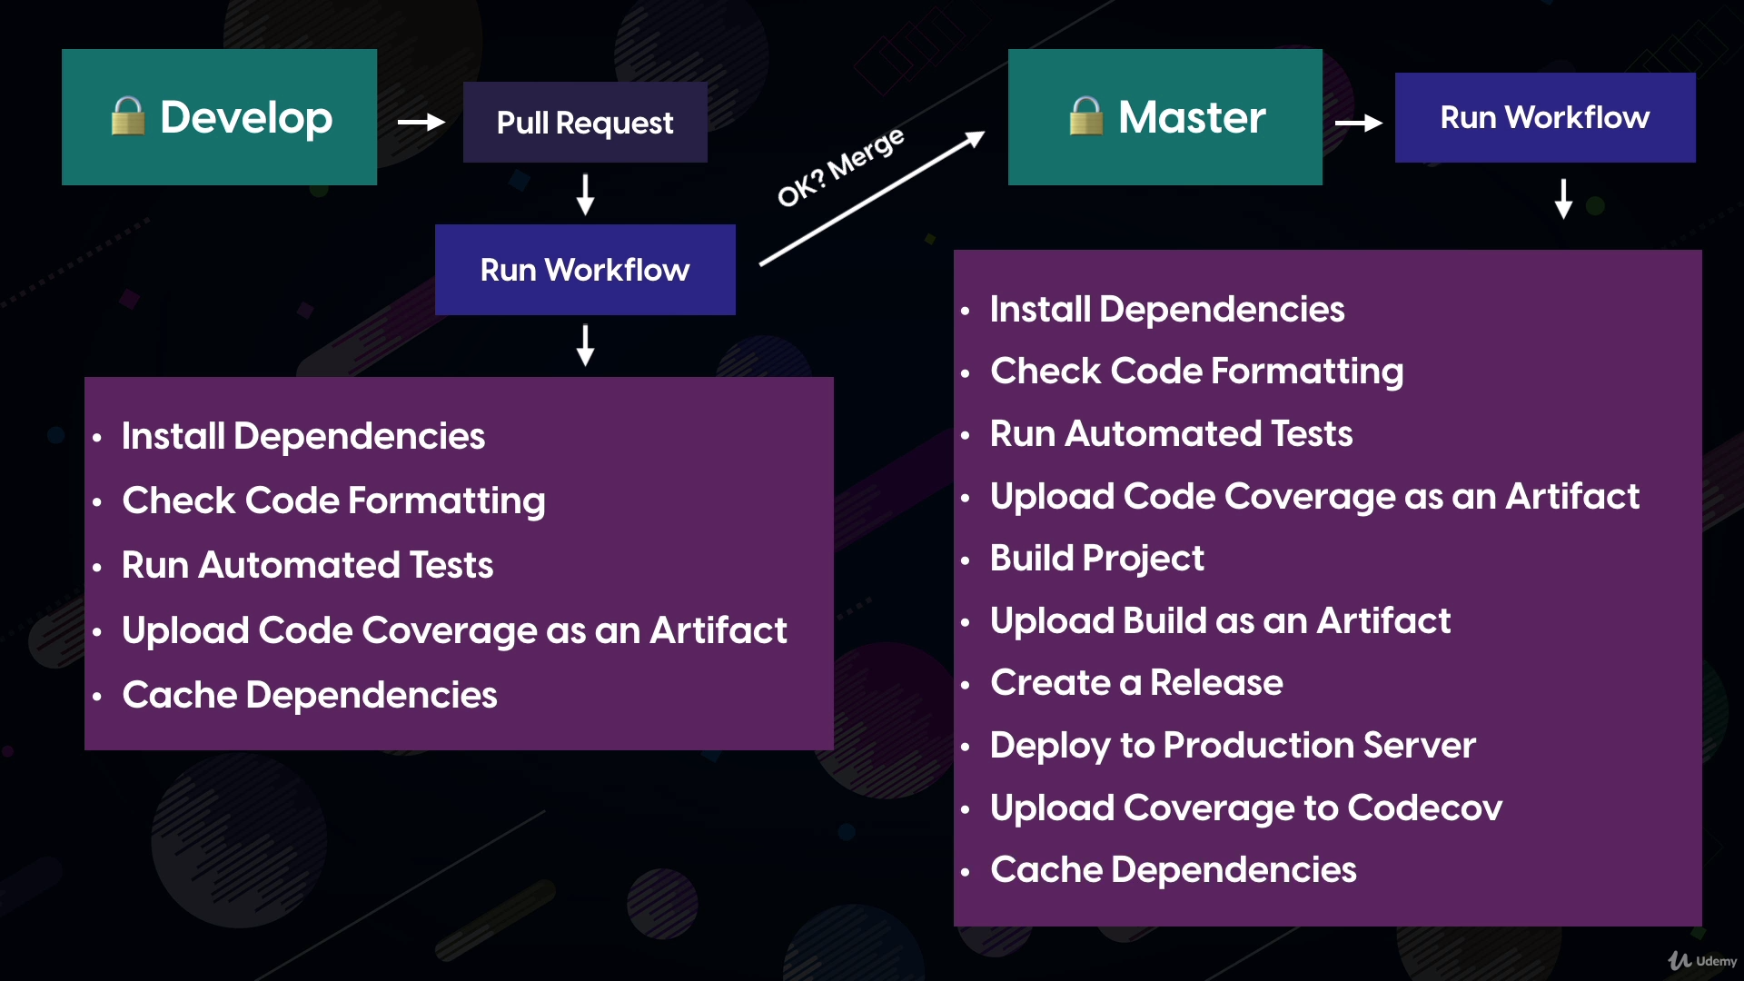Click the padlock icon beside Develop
click(x=127, y=116)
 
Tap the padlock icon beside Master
click(x=1085, y=116)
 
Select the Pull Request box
click(x=585, y=123)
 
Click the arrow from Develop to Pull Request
click(x=421, y=122)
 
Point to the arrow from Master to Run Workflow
click(x=1359, y=123)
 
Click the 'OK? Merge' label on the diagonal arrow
click(x=840, y=167)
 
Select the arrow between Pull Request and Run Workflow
click(x=586, y=194)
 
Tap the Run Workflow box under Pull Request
click(x=585, y=270)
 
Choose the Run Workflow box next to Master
click(x=1545, y=117)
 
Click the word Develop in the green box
click(x=246, y=117)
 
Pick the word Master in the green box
click(x=1192, y=117)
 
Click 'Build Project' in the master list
click(x=1096, y=559)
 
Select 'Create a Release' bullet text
click(x=1136, y=682)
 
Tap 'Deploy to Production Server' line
click(x=1233, y=746)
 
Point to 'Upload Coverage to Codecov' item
click(x=1246, y=808)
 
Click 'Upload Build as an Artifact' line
click(x=1220, y=620)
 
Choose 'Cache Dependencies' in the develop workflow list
click(x=309, y=695)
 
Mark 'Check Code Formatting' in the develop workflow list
click(x=333, y=501)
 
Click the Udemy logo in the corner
click(x=1702, y=960)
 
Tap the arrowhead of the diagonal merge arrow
click(x=976, y=138)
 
